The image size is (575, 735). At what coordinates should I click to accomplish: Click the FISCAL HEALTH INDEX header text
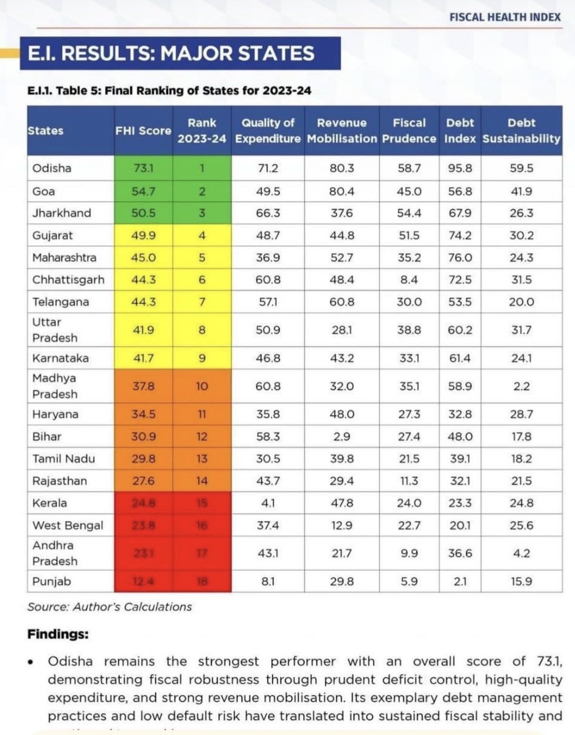click(x=505, y=17)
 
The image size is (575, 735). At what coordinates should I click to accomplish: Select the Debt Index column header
click(x=460, y=131)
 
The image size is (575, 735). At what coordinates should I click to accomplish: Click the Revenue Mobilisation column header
click(x=341, y=131)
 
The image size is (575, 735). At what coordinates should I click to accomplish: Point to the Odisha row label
click(x=51, y=168)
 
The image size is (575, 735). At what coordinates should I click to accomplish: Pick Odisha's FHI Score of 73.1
click(x=143, y=168)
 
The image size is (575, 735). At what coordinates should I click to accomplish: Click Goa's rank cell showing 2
click(x=202, y=192)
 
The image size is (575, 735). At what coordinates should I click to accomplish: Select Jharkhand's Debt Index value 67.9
click(x=460, y=213)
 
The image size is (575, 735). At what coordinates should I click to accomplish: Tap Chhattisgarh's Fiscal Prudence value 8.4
click(x=409, y=280)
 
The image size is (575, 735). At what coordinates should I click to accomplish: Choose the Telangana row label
click(x=61, y=302)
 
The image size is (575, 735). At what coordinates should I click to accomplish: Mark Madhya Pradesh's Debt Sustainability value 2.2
click(x=521, y=386)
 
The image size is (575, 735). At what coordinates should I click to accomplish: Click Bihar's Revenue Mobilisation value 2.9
click(x=341, y=437)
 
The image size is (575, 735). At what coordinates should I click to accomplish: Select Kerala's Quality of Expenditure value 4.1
click(x=268, y=503)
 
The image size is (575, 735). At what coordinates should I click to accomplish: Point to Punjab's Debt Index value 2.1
click(x=460, y=582)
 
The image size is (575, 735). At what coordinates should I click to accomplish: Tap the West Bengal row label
click(x=68, y=526)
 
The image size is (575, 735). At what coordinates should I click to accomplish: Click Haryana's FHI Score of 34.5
click(x=143, y=414)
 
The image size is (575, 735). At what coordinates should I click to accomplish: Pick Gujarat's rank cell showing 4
click(x=202, y=235)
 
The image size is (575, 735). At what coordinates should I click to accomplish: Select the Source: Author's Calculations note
click(x=109, y=607)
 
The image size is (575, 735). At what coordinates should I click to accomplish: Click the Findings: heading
click(x=58, y=634)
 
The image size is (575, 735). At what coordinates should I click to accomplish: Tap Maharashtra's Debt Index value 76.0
click(x=460, y=258)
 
